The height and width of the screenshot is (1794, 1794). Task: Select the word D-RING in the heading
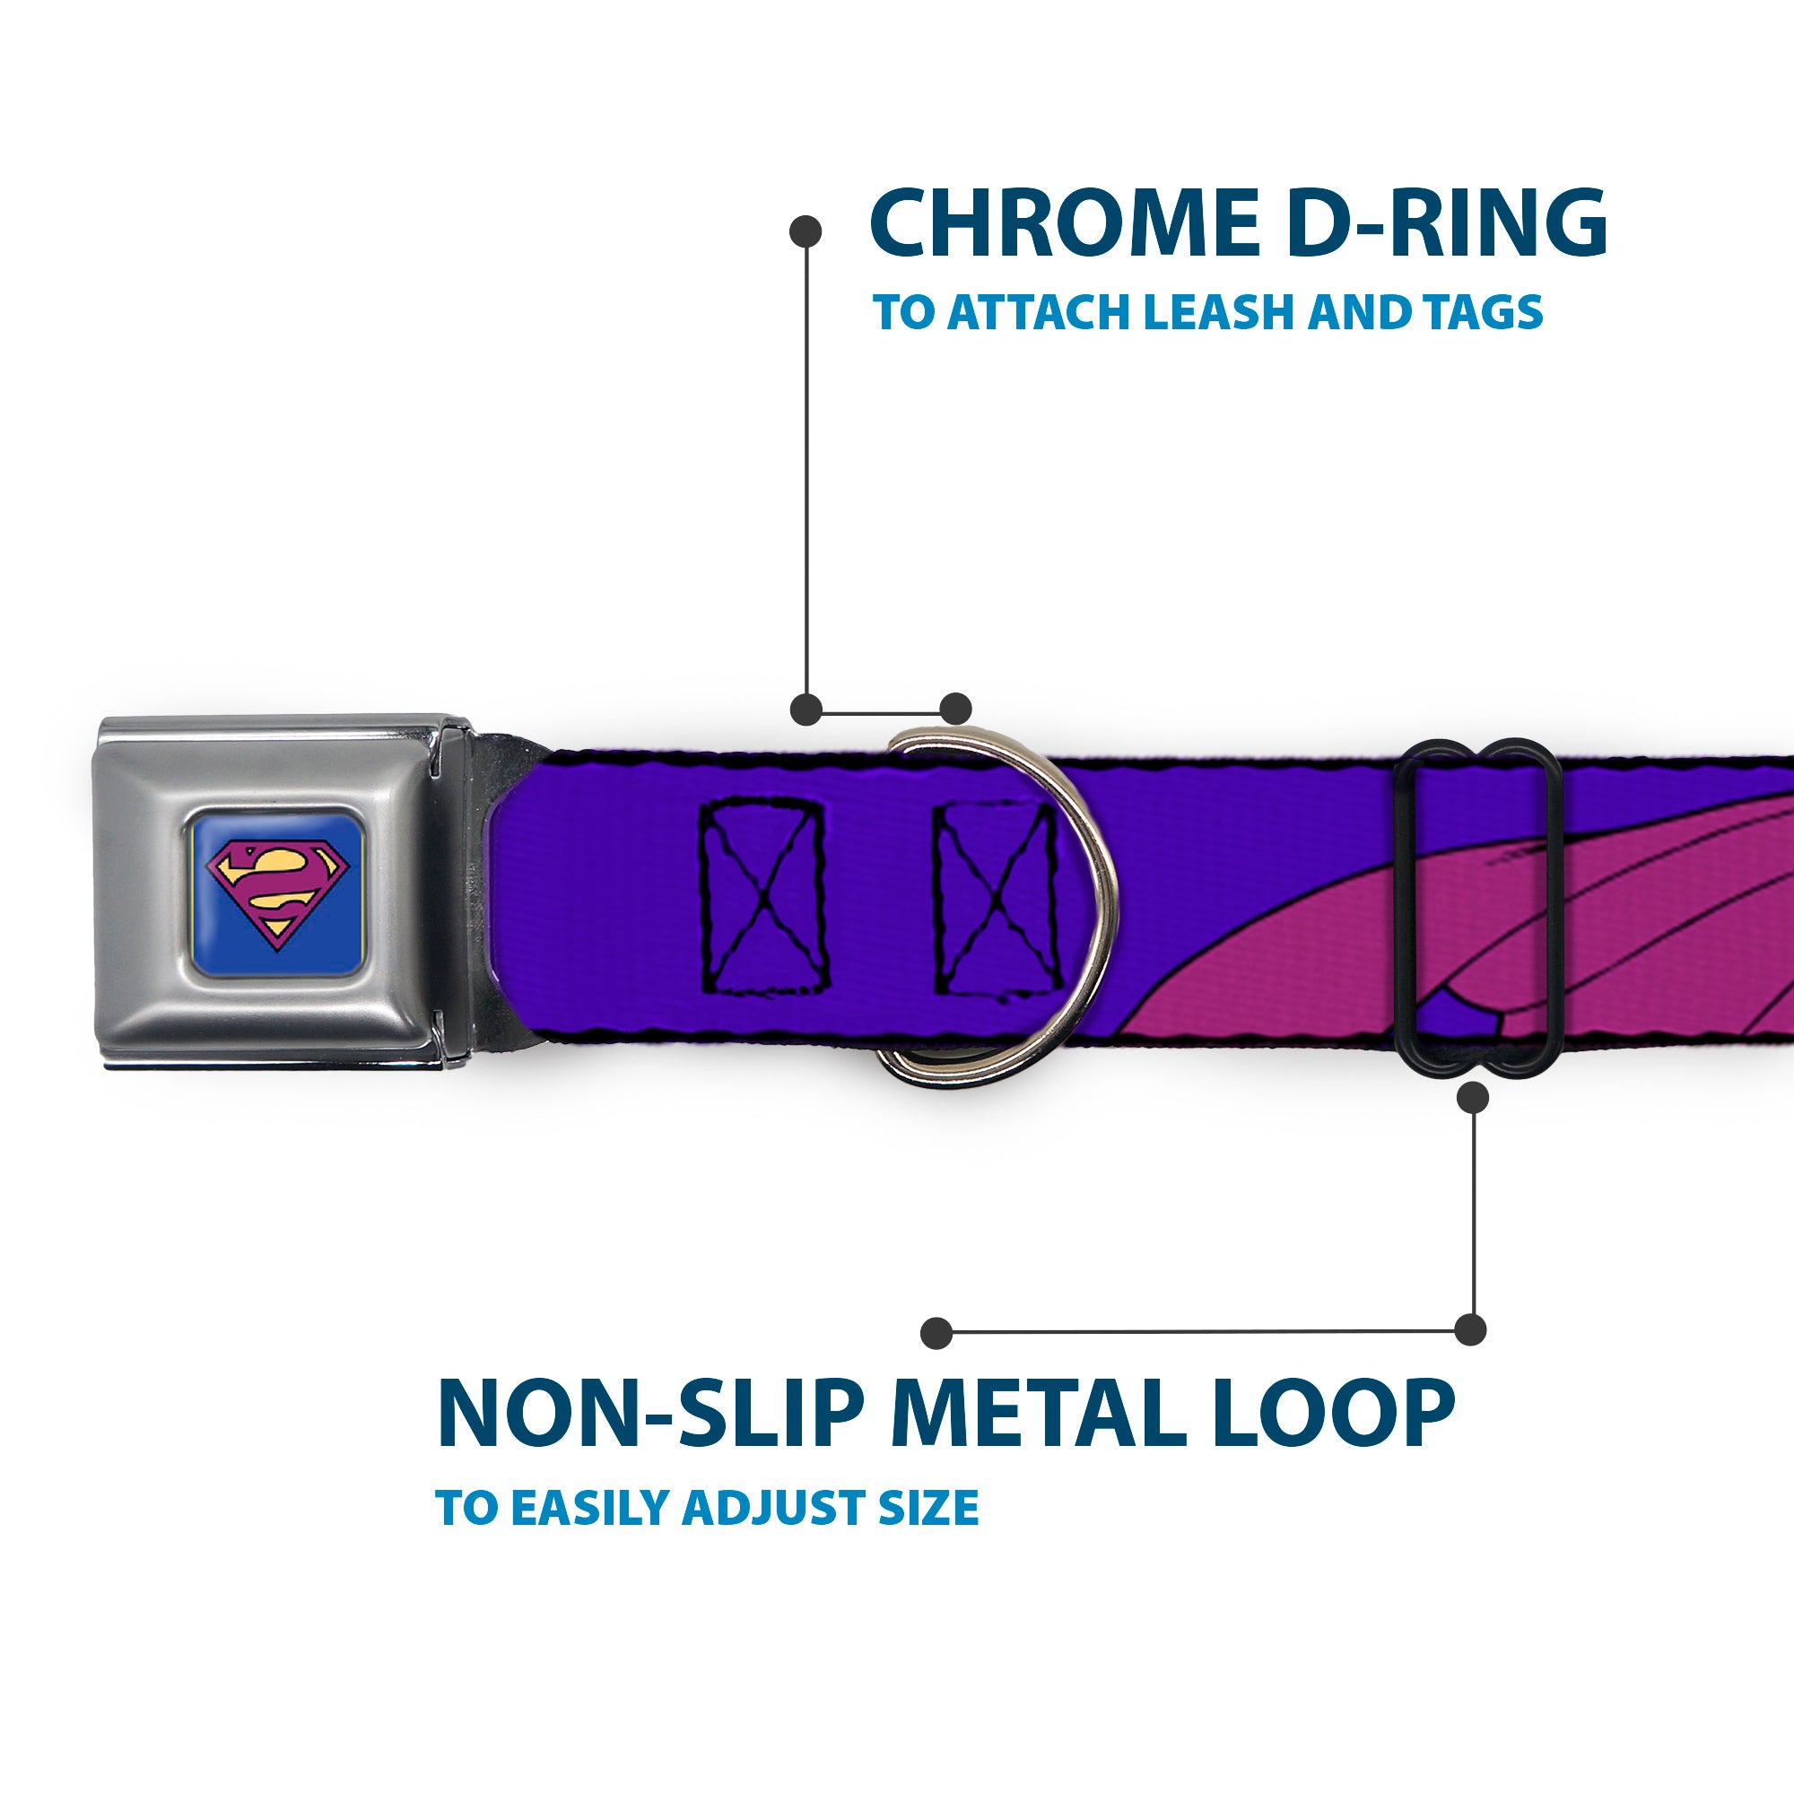1449,225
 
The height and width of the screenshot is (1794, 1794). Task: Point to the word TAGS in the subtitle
1485,312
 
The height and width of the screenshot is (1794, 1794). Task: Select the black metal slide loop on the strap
1470,907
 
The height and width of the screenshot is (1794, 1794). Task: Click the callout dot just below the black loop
1474,1099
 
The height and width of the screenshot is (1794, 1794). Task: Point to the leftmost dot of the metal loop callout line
937,1334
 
